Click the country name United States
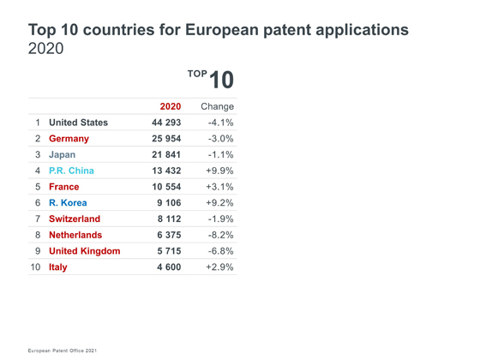tap(78, 123)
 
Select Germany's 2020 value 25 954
tap(166, 139)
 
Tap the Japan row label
tap(62, 155)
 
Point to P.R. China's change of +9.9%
tap(219, 171)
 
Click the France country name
tap(64, 187)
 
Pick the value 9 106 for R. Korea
tap(169, 202)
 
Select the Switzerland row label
tap(75, 219)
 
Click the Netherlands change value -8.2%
tap(221, 235)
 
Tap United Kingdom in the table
tap(85, 251)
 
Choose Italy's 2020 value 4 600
tap(169, 267)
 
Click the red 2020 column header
tap(171, 106)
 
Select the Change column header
tap(218, 106)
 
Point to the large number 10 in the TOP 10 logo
tap(222, 80)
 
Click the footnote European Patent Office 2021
tap(62, 351)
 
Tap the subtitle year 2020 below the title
tap(46, 48)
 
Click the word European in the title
tap(222, 30)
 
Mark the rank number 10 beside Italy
tap(35, 267)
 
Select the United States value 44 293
tap(166, 123)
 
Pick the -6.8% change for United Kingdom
tap(221, 251)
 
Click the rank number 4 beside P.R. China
tap(38, 171)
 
